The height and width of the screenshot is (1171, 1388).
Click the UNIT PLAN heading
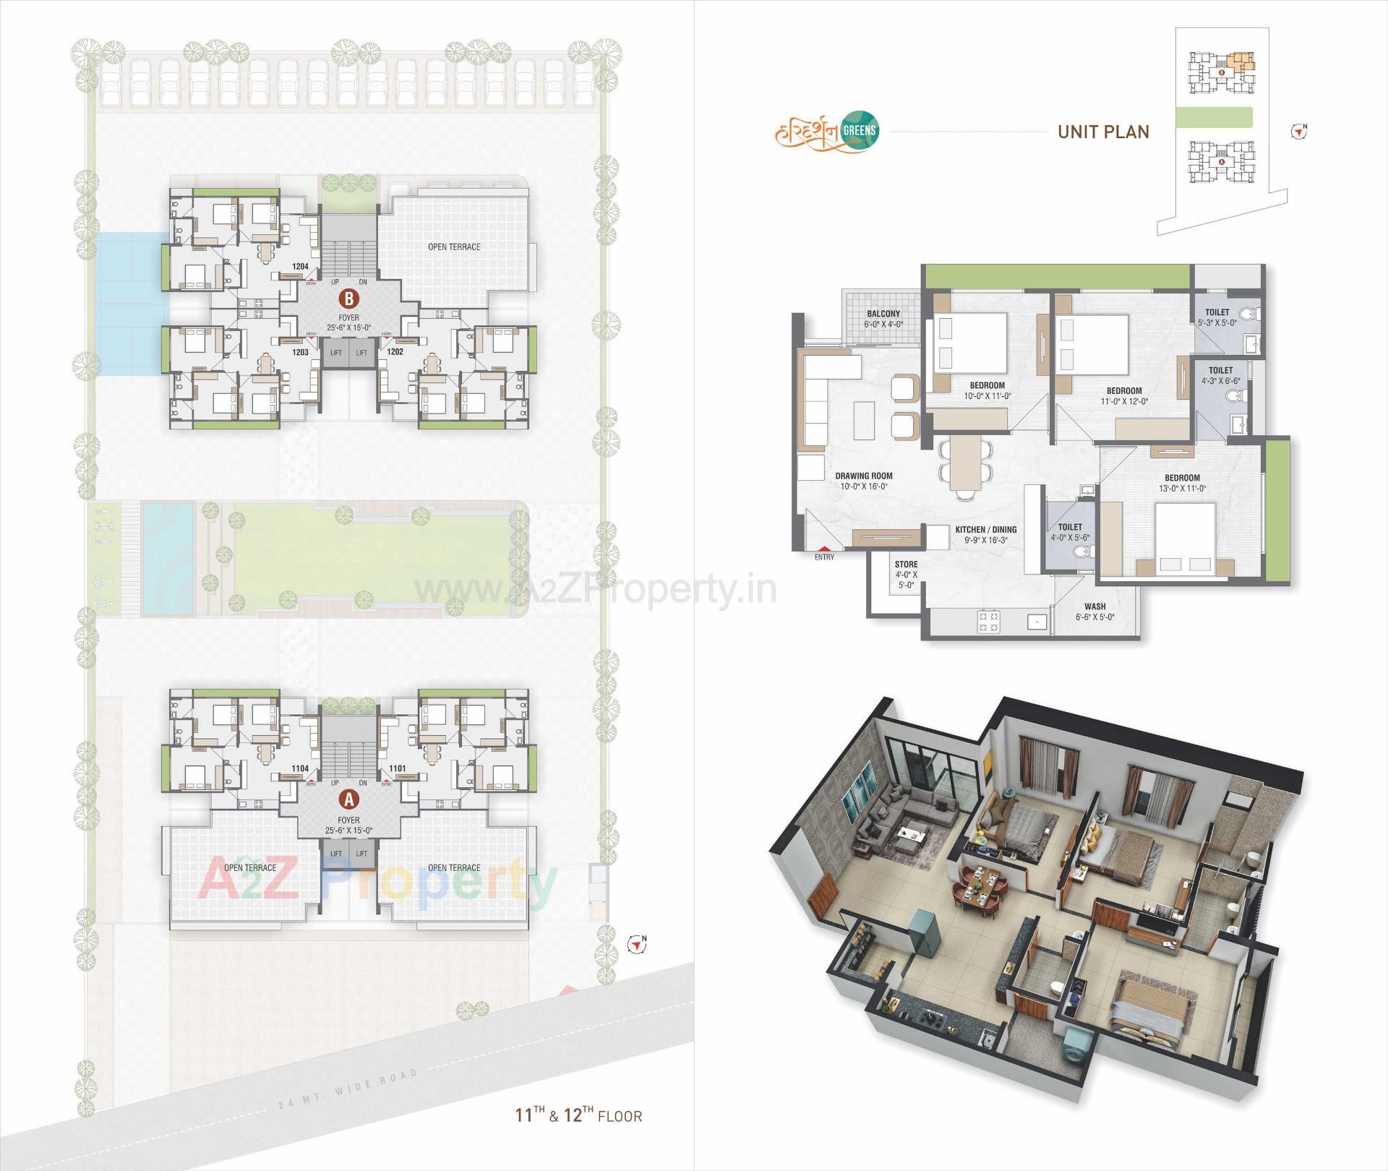1103,132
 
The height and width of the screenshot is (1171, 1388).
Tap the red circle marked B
349,297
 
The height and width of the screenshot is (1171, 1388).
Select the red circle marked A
349,799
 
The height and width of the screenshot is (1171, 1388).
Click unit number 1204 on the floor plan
300,267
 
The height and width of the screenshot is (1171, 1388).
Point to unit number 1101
398,769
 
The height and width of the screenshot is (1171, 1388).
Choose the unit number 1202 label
395,352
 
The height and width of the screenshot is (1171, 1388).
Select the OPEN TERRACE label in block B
454,247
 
